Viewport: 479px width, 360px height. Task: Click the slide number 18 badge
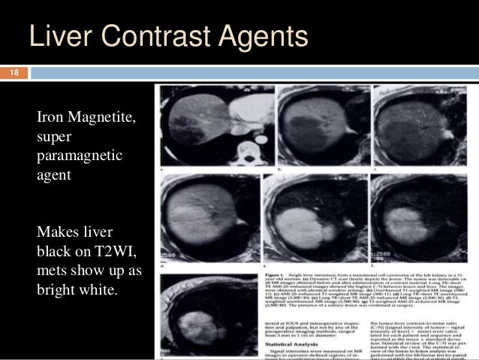[x=13, y=74]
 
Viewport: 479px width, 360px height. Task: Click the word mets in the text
[x=52, y=270]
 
